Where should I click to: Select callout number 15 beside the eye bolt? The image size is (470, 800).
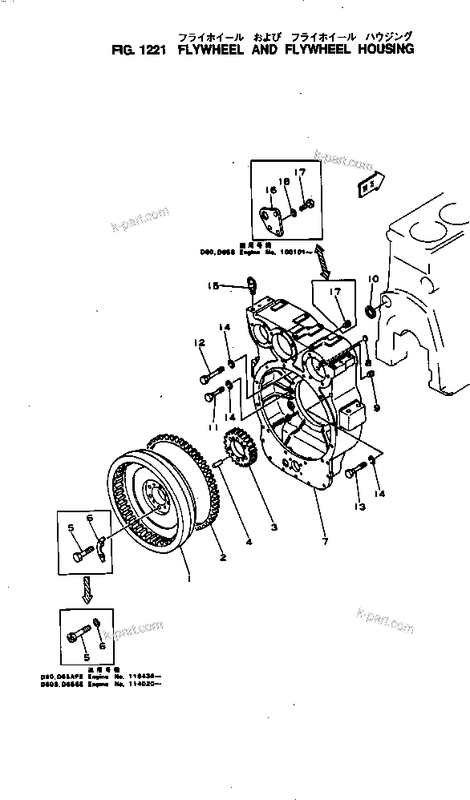[x=213, y=285]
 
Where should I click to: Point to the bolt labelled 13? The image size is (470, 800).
[x=354, y=475]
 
